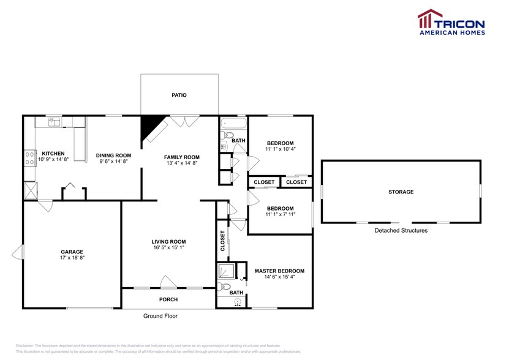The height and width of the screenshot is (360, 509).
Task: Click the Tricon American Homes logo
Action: (451, 23)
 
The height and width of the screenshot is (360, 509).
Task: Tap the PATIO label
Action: (179, 96)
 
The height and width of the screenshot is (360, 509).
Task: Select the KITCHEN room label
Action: (53, 153)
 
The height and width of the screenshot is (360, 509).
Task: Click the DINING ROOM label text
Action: (114, 156)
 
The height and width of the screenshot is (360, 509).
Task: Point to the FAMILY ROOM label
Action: (182, 157)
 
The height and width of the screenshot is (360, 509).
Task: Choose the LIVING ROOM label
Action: (168, 241)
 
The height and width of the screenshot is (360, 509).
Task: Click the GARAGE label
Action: (72, 252)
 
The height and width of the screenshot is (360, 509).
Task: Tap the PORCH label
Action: (168, 299)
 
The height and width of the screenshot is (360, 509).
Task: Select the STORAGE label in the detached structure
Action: (401, 192)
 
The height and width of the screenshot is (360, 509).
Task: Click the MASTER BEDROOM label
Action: (279, 271)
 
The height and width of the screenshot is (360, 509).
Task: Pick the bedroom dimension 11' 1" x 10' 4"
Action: (280, 149)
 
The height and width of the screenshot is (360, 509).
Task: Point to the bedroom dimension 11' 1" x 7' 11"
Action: (280, 215)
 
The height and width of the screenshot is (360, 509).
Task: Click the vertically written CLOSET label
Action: (223, 241)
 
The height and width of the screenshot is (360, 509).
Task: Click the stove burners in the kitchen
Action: (29, 159)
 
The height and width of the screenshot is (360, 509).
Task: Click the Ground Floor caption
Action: (160, 317)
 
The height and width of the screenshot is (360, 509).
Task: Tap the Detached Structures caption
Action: (401, 231)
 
